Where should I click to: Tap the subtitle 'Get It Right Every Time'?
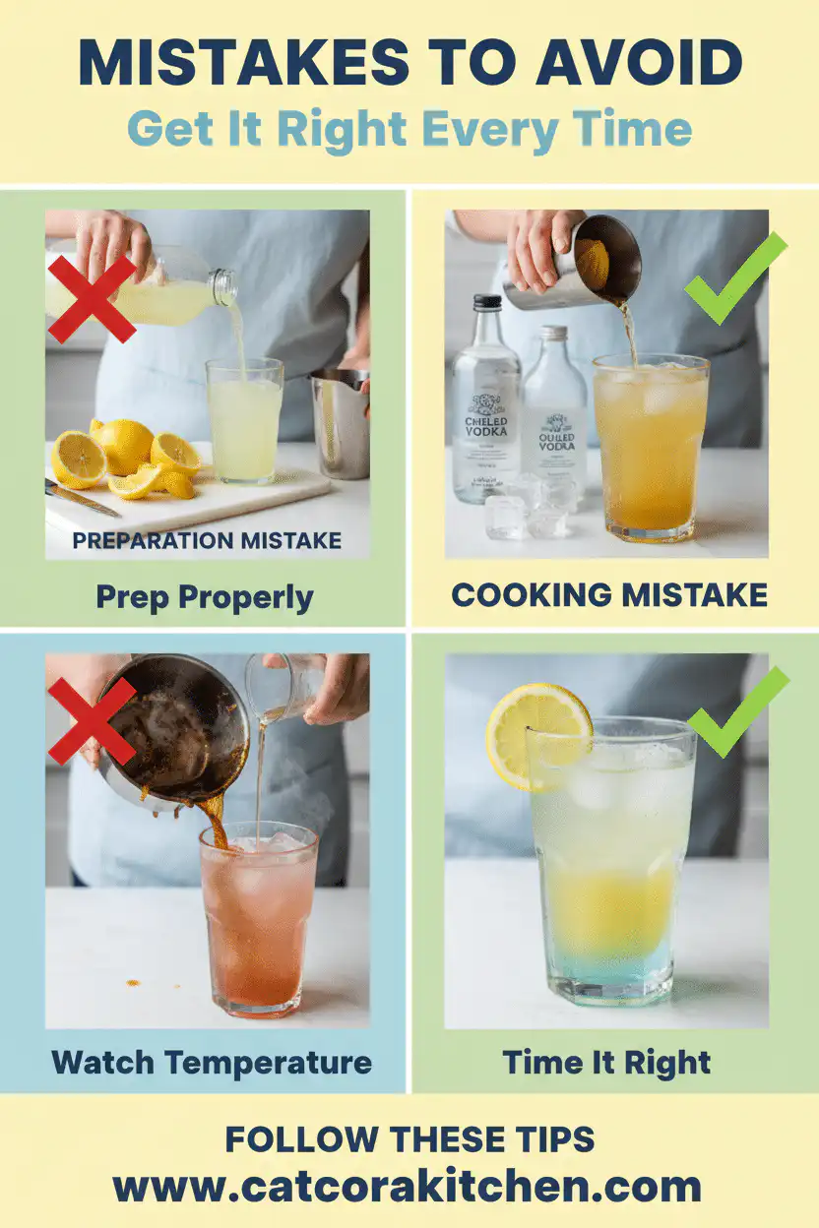click(409, 129)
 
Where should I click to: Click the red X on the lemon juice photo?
click(92, 298)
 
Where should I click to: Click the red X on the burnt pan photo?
click(91, 720)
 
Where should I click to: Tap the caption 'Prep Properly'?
click(205, 596)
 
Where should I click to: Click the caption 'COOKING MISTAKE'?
click(609, 594)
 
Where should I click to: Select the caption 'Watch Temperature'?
click(211, 1063)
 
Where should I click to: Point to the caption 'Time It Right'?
click(606, 1063)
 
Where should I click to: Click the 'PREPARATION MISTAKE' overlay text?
click(207, 540)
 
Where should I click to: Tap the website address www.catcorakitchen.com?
click(408, 1186)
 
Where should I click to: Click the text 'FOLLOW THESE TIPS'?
click(409, 1139)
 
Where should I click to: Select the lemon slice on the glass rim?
click(537, 736)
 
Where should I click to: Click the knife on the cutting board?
click(82, 498)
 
